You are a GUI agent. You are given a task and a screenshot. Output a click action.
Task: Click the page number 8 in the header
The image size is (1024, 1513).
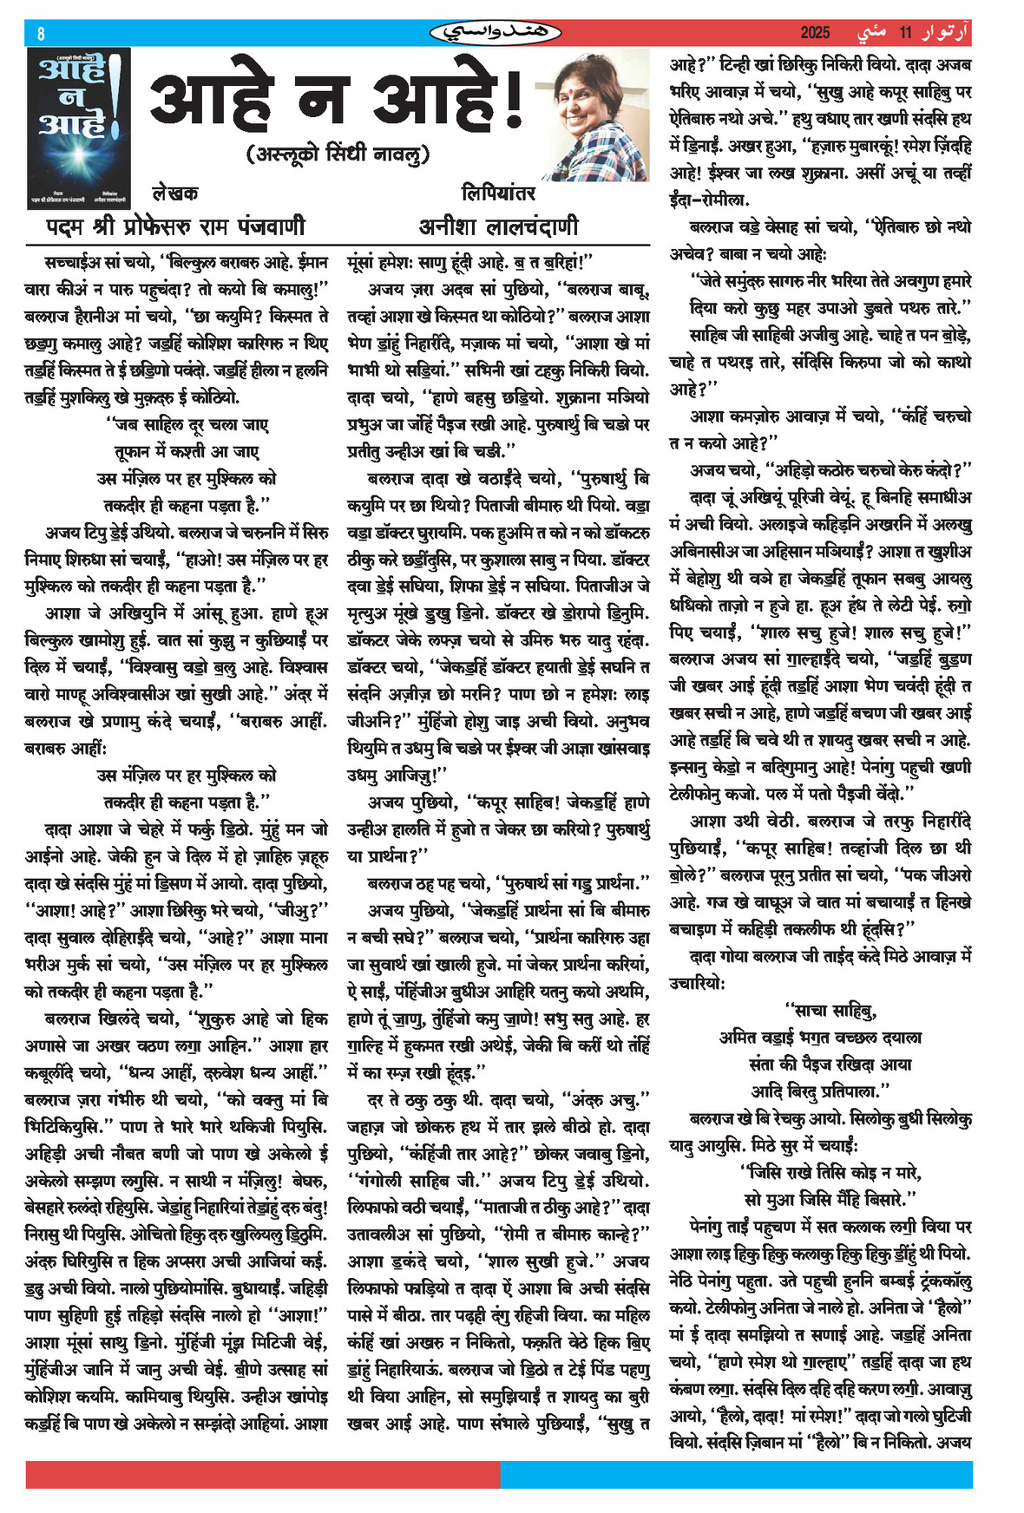(41, 34)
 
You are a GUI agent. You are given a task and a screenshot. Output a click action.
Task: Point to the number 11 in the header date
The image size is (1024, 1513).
(906, 33)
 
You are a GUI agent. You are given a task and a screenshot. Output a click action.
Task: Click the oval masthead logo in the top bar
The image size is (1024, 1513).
(496, 33)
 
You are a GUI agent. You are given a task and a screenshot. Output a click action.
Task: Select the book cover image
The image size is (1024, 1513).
(78, 128)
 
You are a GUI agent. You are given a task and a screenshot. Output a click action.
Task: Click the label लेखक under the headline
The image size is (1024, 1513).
(174, 193)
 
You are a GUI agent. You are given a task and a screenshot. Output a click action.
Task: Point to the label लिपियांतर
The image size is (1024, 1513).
(498, 193)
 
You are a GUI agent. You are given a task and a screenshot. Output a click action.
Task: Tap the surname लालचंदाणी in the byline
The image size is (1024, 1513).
(534, 226)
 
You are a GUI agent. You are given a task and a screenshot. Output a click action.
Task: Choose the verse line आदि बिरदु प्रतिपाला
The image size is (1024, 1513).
(820, 1091)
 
